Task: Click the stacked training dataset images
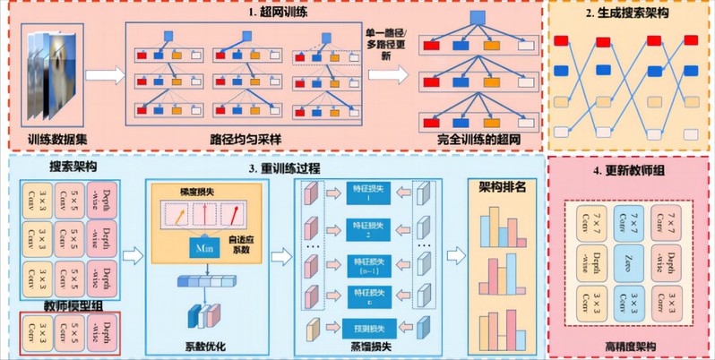49,76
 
